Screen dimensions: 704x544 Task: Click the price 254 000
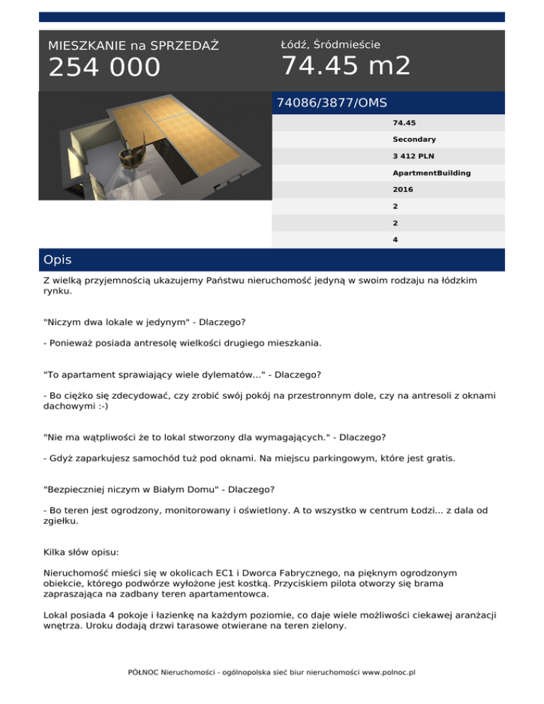pos(104,67)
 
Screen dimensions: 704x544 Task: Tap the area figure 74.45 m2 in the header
pos(346,66)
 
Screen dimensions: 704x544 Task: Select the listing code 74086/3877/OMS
pos(331,103)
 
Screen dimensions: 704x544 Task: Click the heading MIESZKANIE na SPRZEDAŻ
pos(133,46)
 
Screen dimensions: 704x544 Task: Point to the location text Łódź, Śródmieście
pos(331,45)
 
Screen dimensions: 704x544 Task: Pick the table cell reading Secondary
pos(414,140)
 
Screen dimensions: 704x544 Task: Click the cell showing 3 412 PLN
pos(415,157)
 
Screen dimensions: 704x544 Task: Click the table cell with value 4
pos(395,239)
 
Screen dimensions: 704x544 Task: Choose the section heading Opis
pos(57,260)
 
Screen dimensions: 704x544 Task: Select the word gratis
pos(439,458)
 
